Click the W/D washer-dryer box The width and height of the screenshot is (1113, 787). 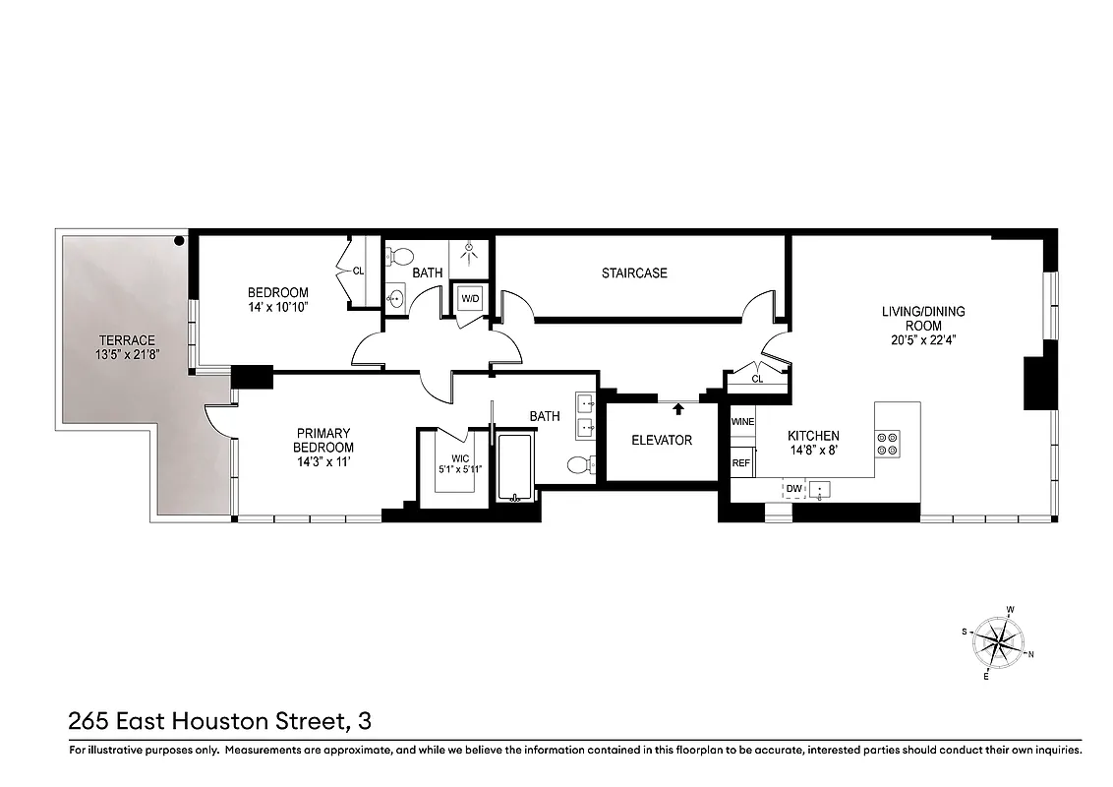tap(467, 297)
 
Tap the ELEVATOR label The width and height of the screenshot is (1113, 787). tap(662, 441)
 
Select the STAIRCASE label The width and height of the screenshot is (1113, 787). tap(634, 272)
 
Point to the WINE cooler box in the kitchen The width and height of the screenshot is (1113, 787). tap(742, 422)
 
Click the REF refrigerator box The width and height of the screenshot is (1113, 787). tap(740, 461)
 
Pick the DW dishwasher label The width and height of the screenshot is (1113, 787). tap(792, 487)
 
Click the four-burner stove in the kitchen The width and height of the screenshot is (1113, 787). tap(888, 444)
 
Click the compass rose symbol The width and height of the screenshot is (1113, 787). tap(998, 644)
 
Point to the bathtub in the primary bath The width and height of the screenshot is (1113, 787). tap(515, 467)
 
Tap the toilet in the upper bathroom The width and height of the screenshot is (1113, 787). tap(400, 258)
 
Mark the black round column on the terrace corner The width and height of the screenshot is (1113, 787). tap(180, 240)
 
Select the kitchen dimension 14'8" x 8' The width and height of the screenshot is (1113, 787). tap(813, 452)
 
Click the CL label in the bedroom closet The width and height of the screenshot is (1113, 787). tap(358, 270)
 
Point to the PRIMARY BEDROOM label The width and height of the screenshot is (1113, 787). tap(323, 440)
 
